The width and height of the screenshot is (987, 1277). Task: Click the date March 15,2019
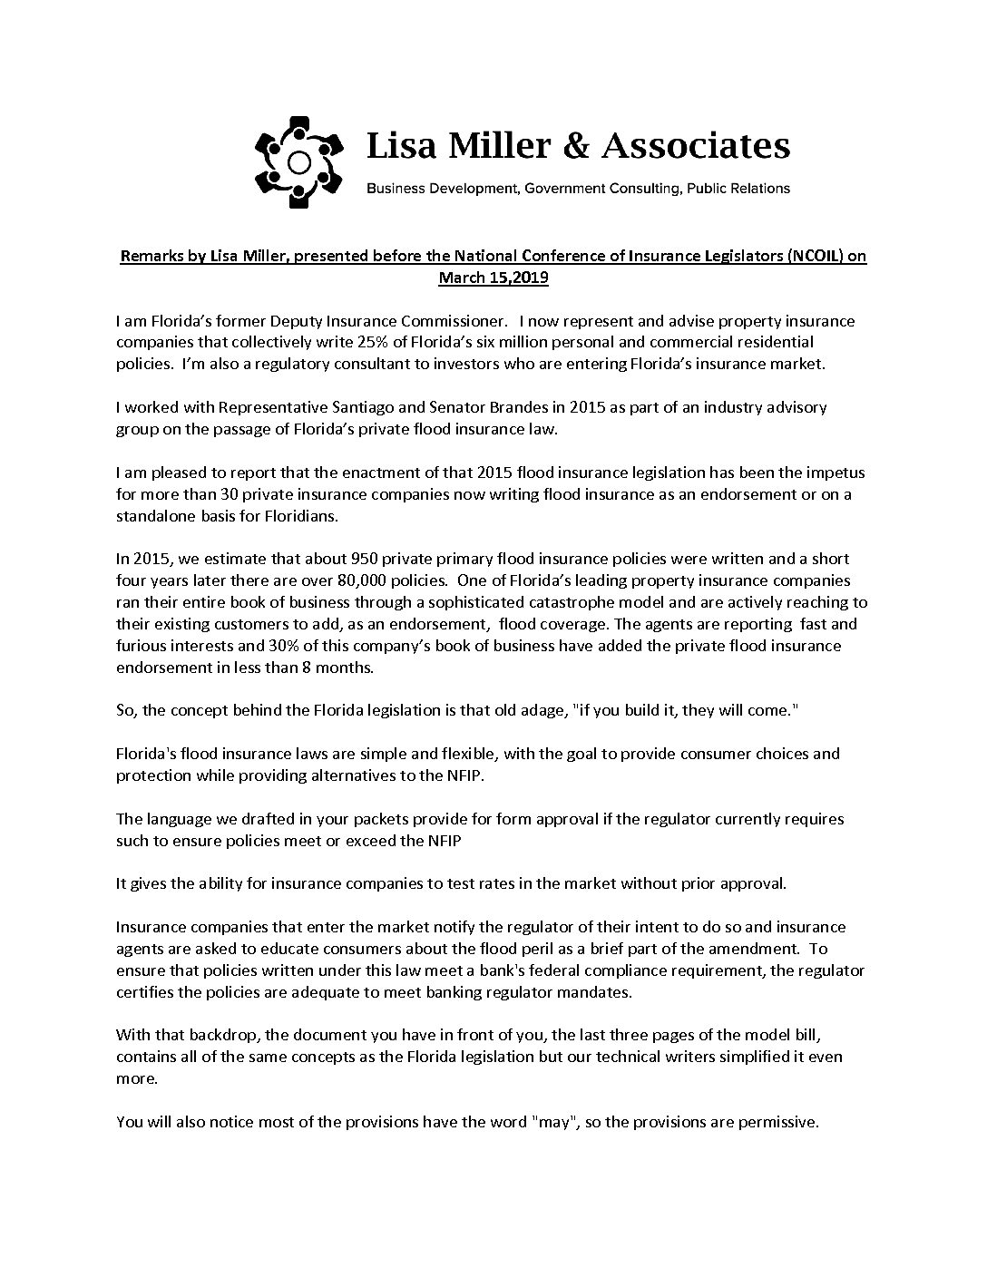[x=493, y=278]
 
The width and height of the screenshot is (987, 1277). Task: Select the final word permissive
[x=778, y=1122]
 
